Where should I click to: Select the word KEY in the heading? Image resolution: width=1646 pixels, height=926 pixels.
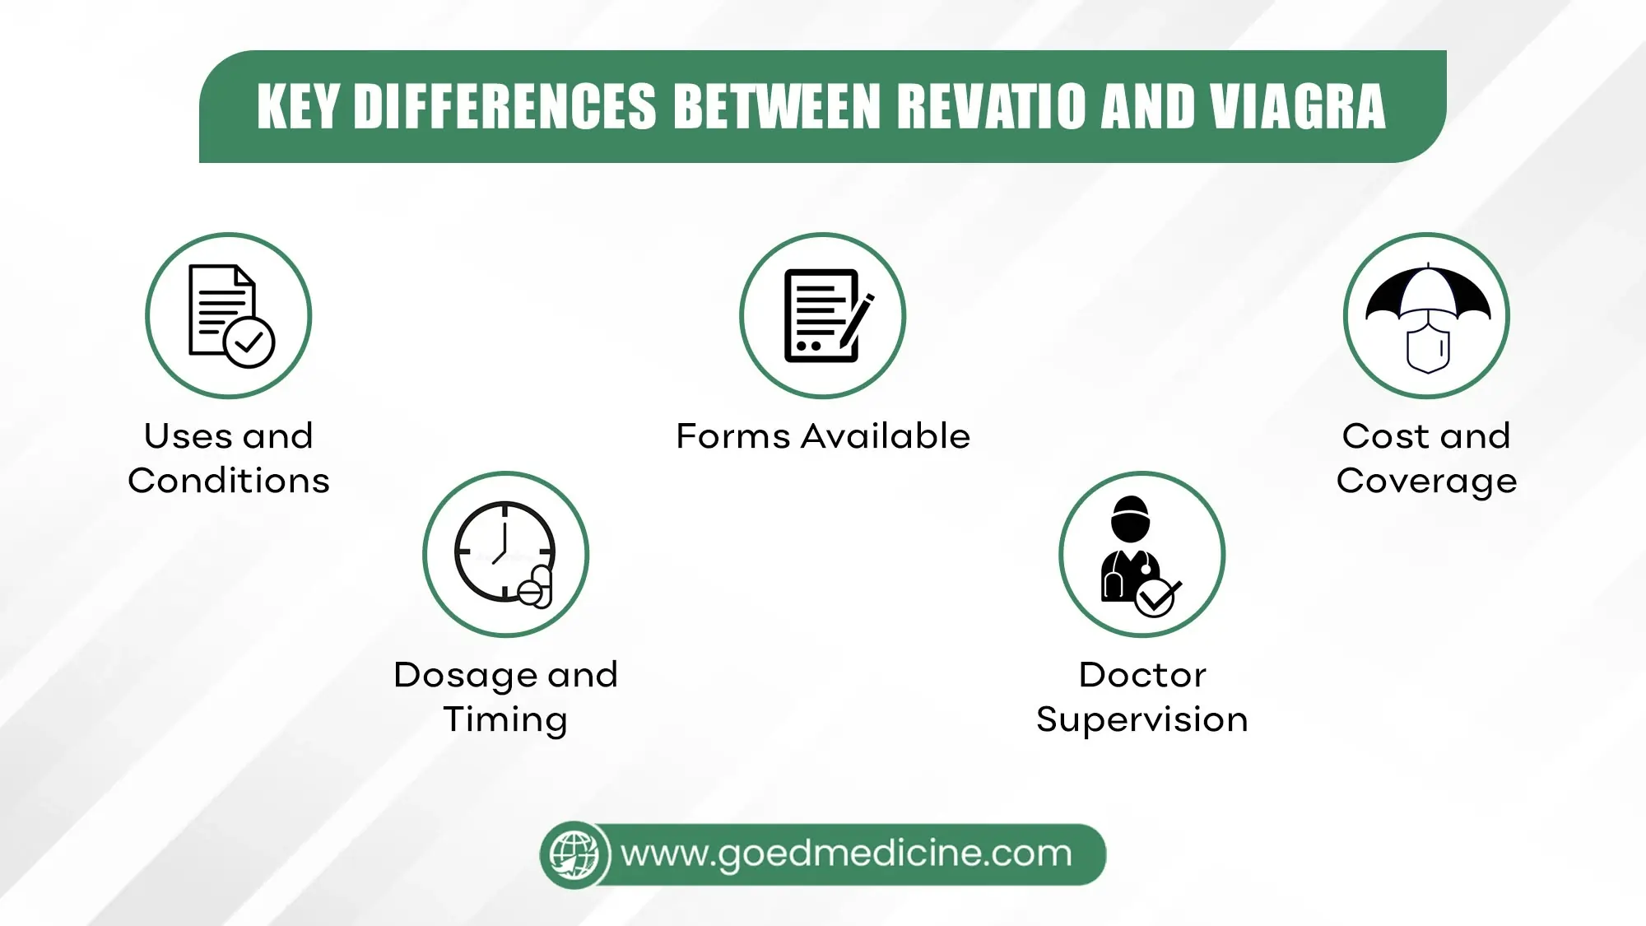[x=298, y=107]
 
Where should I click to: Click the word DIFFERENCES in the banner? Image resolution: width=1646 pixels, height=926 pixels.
[x=504, y=107]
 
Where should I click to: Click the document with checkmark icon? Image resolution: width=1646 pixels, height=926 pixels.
[x=229, y=316]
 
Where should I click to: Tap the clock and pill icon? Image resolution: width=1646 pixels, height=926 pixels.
[x=505, y=554]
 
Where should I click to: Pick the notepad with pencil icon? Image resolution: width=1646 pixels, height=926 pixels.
[x=823, y=316]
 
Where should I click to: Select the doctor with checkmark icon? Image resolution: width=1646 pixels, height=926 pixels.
[x=1142, y=554]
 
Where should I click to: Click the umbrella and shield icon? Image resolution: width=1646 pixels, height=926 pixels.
[x=1426, y=316]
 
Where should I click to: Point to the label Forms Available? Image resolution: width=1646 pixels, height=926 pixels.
[x=823, y=436]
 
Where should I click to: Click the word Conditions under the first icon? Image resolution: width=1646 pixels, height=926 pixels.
[x=229, y=481]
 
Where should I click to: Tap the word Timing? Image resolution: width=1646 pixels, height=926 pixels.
[x=505, y=720]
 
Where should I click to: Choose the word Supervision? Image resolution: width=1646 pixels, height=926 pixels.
[x=1142, y=720]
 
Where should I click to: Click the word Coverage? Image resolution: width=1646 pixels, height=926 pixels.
[x=1426, y=482]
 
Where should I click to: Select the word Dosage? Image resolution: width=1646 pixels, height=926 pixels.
[x=466, y=676]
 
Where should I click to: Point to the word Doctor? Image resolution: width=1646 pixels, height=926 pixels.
[x=1142, y=675]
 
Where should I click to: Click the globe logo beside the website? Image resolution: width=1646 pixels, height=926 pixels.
[x=574, y=854]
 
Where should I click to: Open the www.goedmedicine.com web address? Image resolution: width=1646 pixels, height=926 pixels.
[x=846, y=854]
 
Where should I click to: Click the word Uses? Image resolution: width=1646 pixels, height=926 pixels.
[x=188, y=436]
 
